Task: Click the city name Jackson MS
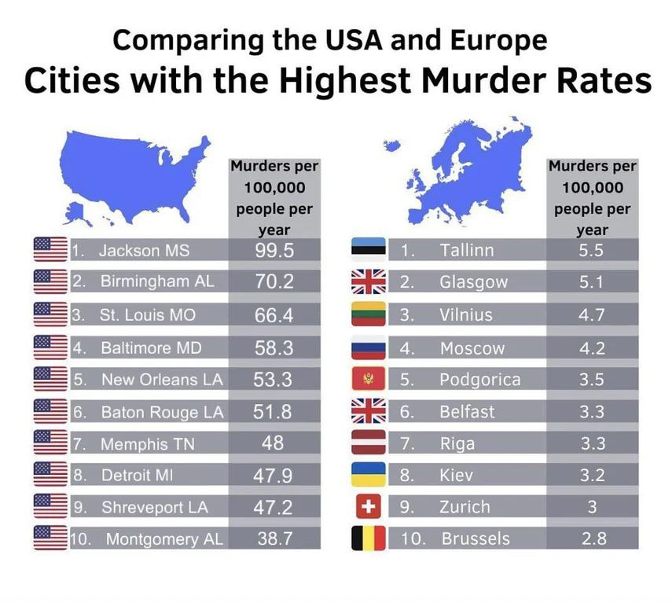[x=144, y=251]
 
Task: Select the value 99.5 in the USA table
[x=274, y=251]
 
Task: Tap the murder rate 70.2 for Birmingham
[x=274, y=281]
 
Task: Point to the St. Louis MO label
[x=148, y=315]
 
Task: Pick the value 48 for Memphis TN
[x=274, y=443]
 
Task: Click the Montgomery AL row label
[x=164, y=539]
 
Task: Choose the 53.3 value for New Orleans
[x=274, y=379]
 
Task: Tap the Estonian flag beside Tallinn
[x=368, y=250]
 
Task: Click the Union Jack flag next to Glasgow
[x=368, y=281]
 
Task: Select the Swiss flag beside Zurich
[x=368, y=507]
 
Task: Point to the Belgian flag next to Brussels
[x=368, y=539]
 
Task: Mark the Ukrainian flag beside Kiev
[x=368, y=475]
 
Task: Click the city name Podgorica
[x=479, y=380]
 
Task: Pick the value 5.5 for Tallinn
[x=591, y=250]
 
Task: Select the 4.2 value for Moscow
[x=591, y=347]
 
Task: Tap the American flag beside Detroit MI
[x=50, y=475]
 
